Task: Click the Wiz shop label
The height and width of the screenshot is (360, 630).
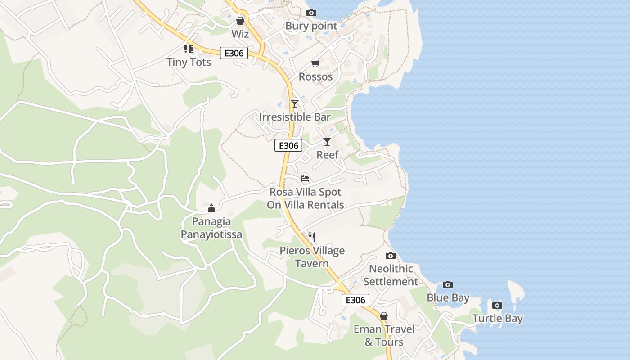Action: point(240,34)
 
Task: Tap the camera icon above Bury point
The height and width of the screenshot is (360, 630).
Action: point(311,13)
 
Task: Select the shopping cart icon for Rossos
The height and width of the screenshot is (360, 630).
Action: point(315,64)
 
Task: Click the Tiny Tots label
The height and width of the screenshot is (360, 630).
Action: point(189,62)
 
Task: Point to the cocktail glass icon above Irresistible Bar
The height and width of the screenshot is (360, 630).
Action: point(294,104)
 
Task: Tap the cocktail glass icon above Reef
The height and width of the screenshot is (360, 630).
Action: point(327,142)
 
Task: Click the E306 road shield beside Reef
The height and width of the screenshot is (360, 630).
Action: point(288,146)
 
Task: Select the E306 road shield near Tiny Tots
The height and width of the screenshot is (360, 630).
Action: point(234,53)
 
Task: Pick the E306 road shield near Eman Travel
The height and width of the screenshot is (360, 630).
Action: point(355,300)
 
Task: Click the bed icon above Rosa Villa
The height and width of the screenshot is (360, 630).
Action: point(305,179)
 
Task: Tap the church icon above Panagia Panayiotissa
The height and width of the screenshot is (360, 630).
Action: point(211,208)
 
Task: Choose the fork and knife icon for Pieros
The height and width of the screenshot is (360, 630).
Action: point(312,237)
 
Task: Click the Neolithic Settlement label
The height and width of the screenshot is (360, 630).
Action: point(391,275)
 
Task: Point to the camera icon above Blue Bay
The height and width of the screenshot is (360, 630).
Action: point(447,284)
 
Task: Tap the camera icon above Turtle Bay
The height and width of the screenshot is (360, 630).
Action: point(497,305)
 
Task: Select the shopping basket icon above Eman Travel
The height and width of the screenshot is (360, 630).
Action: point(384,316)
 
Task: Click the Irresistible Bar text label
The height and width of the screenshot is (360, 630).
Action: point(295,117)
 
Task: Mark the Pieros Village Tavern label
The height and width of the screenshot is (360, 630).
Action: point(312,257)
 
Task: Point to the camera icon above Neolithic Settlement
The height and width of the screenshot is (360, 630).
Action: point(391,256)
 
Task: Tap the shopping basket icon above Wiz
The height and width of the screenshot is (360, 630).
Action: point(240,21)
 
